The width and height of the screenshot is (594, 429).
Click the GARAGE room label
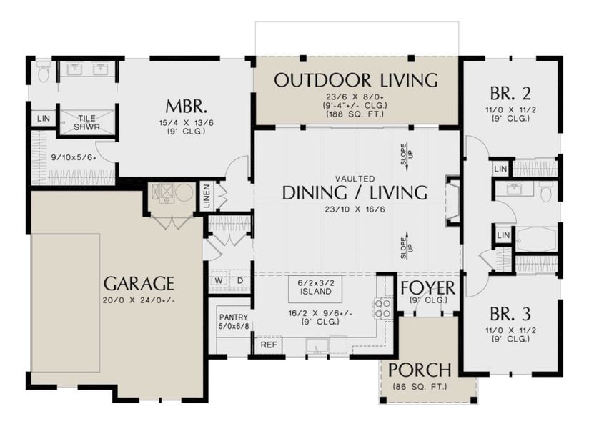[139, 282]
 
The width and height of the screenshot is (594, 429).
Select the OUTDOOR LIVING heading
[356, 80]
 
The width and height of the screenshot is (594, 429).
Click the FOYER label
[428, 288]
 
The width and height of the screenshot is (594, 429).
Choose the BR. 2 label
[510, 93]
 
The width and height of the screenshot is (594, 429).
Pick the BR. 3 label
[510, 315]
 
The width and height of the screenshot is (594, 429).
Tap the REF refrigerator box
[268, 345]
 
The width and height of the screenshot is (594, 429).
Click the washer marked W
[219, 280]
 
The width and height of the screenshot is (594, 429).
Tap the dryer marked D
[240, 280]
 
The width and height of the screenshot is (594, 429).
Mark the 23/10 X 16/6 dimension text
[355, 209]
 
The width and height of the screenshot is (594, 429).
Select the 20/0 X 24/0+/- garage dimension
[139, 300]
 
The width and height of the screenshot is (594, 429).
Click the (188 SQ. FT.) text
[355, 114]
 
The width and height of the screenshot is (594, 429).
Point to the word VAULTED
[355, 178]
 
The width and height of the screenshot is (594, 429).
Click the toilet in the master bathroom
[44, 71]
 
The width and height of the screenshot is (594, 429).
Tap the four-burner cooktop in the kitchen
[382, 308]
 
